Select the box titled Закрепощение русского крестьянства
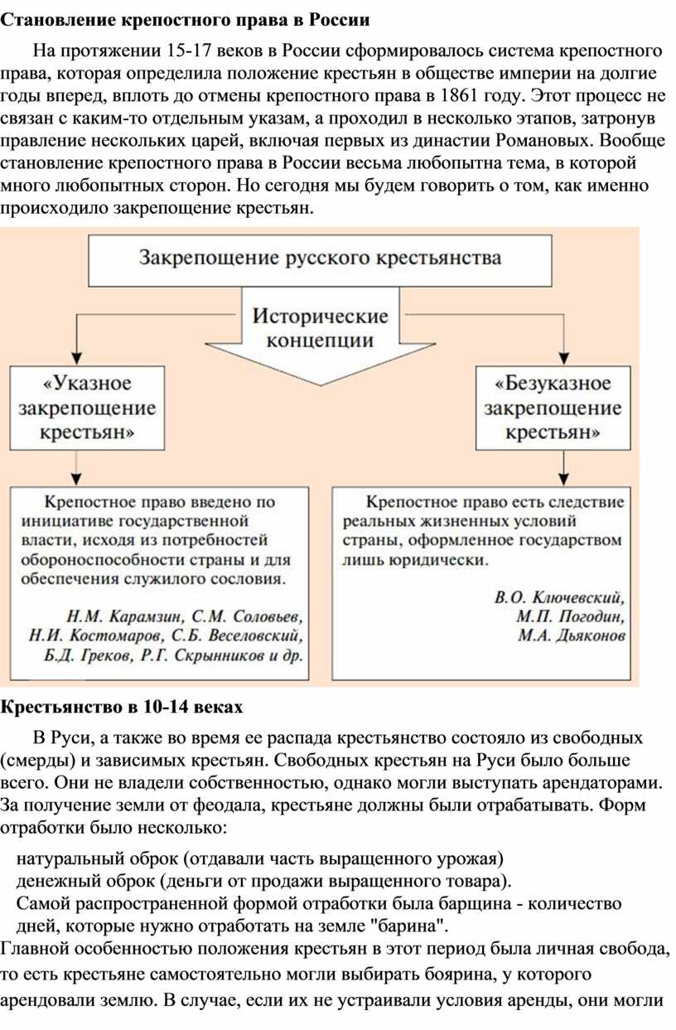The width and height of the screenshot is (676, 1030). click(x=320, y=261)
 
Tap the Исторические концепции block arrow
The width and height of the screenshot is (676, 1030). click(x=321, y=336)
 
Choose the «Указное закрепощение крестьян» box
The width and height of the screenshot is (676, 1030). click(x=87, y=408)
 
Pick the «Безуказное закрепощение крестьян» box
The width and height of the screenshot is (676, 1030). click(x=553, y=408)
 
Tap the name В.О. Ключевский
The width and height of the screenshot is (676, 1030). click(x=559, y=597)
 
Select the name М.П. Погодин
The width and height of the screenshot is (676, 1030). click(x=570, y=617)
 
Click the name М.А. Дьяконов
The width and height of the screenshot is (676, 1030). click(x=572, y=636)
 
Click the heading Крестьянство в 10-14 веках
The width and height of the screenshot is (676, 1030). click(x=121, y=707)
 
